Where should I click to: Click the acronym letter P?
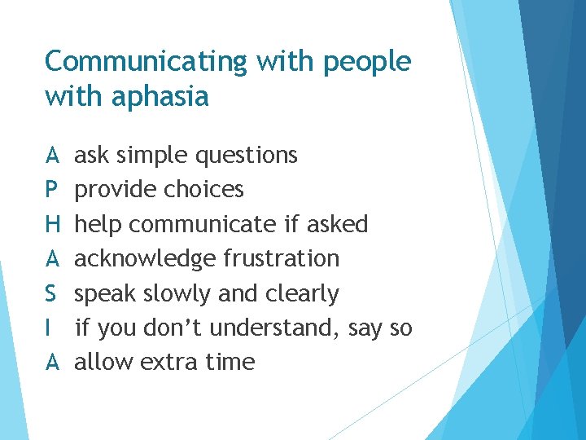point(51,190)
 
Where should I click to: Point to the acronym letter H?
point(52,224)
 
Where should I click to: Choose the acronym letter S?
point(51,293)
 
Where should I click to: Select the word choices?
point(203,190)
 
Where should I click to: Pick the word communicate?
point(203,224)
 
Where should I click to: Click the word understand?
point(277,328)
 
